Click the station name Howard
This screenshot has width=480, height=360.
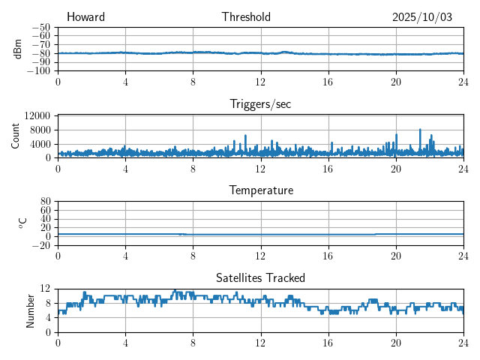click(x=85, y=17)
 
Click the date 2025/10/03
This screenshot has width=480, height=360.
click(x=422, y=17)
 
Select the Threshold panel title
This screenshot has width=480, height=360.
click(x=246, y=17)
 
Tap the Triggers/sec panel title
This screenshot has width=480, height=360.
click(x=260, y=104)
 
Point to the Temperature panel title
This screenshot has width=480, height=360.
click(x=260, y=190)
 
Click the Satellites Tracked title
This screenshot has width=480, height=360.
click(x=260, y=277)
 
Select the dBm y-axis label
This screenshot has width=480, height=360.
click(x=18, y=49)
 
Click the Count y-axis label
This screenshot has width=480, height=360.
click(x=16, y=136)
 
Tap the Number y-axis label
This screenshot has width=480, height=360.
click(x=30, y=310)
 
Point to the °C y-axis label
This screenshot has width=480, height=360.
click(x=22, y=223)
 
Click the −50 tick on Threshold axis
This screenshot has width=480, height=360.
click(x=41, y=27)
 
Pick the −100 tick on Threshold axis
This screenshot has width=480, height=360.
click(x=39, y=71)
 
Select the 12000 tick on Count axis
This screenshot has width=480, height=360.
click(x=37, y=115)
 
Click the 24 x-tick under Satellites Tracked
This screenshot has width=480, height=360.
click(x=463, y=342)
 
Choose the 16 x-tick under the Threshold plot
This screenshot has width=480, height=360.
click(x=328, y=81)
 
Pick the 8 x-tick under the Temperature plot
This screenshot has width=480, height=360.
click(x=193, y=255)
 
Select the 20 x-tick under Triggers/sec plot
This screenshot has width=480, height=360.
click(x=395, y=168)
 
